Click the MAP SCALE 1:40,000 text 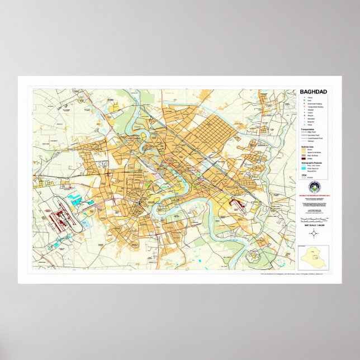point(313,225)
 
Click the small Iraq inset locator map point(313,258)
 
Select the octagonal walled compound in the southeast point(253,257)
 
